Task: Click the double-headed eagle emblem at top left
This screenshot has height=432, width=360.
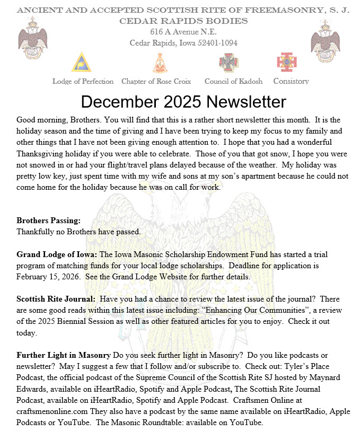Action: tap(33, 42)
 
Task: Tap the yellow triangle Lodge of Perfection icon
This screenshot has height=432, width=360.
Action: tap(81, 63)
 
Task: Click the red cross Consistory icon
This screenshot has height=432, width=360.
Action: tap(287, 62)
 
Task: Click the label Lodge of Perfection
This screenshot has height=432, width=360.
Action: tap(83, 82)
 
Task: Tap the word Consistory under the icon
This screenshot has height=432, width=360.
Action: tap(291, 81)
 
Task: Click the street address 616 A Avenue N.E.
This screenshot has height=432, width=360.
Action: tap(180, 32)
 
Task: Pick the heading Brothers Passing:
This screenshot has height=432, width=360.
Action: tap(48, 221)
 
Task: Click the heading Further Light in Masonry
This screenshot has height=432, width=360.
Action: tap(64, 355)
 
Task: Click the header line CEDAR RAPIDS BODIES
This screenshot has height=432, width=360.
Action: tap(183, 21)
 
